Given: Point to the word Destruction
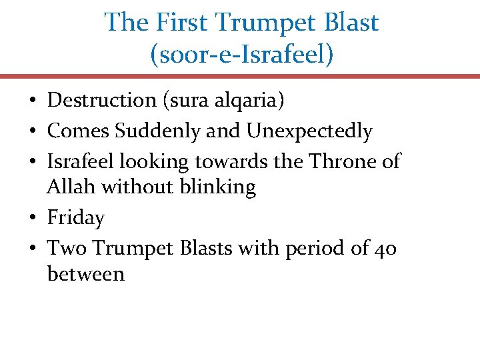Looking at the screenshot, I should [101, 101].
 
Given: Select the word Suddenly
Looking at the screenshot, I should [158, 131].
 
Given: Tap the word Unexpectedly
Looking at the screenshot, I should [309, 132].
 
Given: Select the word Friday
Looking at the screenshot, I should [76, 219].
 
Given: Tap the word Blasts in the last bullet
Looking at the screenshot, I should [229, 248].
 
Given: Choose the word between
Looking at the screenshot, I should [86, 274].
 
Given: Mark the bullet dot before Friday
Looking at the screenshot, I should [32, 219].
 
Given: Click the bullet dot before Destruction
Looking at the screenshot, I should [32, 101].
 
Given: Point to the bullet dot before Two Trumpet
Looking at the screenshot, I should [32, 249].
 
